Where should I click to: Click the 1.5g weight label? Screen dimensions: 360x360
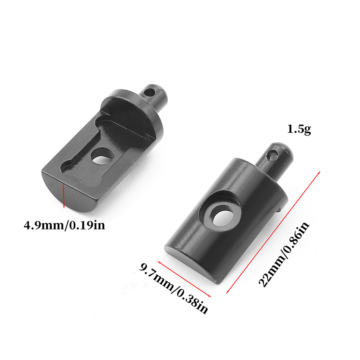point(299,130)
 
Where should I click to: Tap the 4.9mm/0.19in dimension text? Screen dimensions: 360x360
point(64,225)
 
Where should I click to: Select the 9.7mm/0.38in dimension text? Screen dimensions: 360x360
point(174,288)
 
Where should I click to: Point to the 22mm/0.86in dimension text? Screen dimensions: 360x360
point(284,254)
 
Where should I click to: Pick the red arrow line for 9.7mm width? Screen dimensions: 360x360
point(184,279)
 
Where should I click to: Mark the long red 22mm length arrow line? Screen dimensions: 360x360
point(273,232)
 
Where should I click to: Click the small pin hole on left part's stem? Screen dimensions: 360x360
point(150,92)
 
